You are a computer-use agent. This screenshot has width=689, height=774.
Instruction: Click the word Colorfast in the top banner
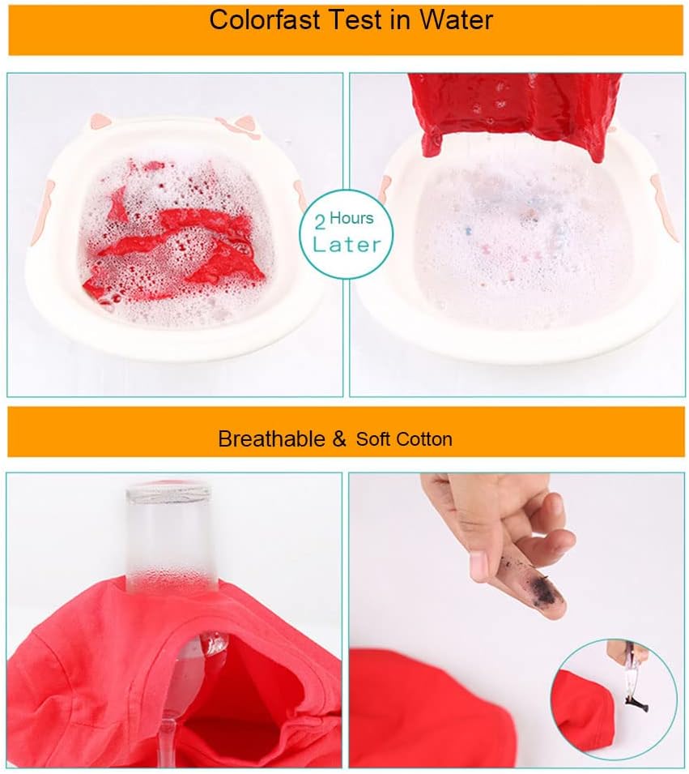[x=265, y=19]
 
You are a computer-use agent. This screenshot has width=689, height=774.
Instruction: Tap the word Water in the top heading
[x=456, y=19]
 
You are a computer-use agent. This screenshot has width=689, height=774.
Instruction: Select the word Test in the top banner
[x=355, y=19]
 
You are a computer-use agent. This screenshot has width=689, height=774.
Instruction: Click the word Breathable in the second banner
[x=271, y=438]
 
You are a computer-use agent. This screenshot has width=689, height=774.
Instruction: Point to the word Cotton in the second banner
[x=424, y=438]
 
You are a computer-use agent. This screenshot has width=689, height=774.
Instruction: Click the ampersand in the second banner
[x=339, y=438]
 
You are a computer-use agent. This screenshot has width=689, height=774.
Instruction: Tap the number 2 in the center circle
[x=320, y=223]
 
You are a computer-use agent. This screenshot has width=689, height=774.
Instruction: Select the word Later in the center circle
[x=347, y=244]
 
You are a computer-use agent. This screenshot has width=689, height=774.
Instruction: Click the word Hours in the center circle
[x=351, y=218]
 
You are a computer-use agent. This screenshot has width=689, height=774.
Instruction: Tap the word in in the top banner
[x=401, y=19]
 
